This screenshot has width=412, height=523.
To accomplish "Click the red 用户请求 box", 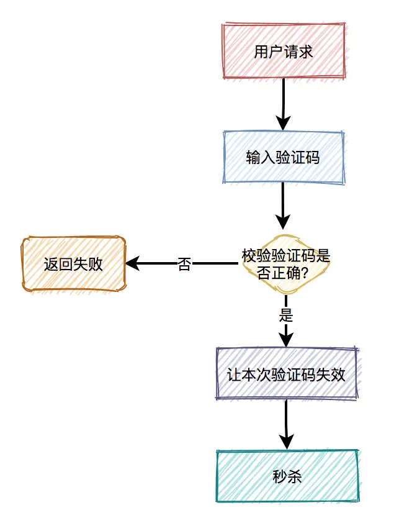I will [x=284, y=51].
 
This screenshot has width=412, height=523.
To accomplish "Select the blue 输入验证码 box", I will [x=283, y=158].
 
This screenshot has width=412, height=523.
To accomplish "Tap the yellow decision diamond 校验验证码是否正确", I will [x=285, y=264].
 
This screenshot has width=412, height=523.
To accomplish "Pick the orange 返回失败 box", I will [x=73, y=264].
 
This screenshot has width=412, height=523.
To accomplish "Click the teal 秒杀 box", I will [x=287, y=476].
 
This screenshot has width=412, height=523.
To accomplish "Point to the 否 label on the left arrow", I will [x=184, y=264].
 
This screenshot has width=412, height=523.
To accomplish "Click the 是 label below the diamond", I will [x=286, y=315].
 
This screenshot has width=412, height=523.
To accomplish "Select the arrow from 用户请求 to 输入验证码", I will [x=284, y=104].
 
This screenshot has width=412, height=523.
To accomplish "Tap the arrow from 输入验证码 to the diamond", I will [x=284, y=205].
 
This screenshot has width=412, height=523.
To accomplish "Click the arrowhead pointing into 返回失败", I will [x=132, y=263].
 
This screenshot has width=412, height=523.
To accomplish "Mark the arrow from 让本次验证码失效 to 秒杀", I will [x=286, y=424].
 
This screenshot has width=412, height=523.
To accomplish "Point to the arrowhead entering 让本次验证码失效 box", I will [x=286, y=339].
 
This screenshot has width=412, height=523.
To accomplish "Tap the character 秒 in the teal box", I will [x=280, y=476].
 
